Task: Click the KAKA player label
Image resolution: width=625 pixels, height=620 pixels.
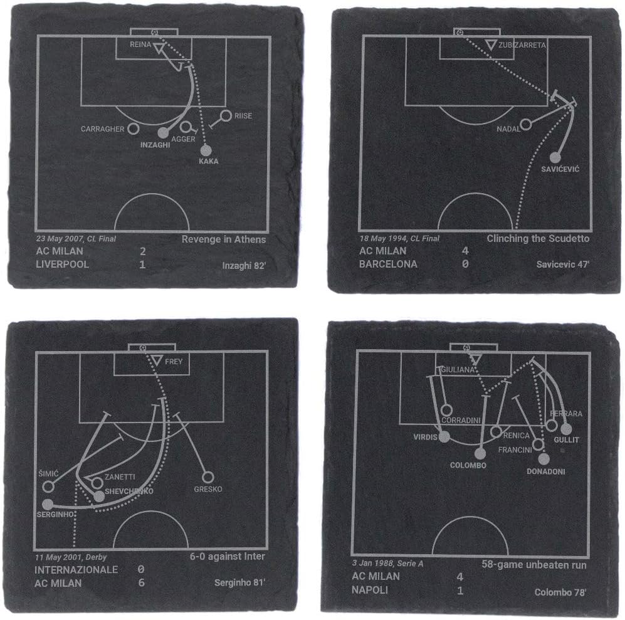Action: click(208, 162)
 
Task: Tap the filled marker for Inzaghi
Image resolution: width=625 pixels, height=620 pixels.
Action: click(163, 133)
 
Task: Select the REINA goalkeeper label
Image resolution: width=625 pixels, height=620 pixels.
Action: click(140, 45)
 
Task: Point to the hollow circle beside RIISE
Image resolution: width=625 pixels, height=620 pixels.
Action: click(226, 116)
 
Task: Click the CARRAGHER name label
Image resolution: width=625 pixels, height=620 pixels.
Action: click(102, 129)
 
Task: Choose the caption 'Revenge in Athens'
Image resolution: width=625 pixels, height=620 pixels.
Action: click(224, 239)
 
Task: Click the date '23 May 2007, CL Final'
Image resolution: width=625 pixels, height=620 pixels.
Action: click(76, 239)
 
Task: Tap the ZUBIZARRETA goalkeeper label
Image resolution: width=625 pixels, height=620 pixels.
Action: click(523, 45)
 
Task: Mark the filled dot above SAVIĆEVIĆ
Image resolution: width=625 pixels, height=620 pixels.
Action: click(555, 157)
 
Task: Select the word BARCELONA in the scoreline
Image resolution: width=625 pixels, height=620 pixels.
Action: click(388, 264)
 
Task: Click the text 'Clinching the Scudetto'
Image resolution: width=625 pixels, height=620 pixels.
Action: click(538, 239)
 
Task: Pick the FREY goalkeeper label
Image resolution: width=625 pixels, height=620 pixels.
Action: click(174, 362)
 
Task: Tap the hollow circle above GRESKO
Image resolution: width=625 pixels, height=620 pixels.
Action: click(207, 477)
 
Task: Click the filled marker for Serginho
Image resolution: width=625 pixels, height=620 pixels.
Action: click(47, 503)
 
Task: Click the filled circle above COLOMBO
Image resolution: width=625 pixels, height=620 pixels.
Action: click(480, 453)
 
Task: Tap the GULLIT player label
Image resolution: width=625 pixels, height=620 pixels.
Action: click(566, 441)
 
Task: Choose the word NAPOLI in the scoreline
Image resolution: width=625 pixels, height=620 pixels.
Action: click(370, 590)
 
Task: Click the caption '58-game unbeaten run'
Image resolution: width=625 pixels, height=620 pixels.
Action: click(534, 564)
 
